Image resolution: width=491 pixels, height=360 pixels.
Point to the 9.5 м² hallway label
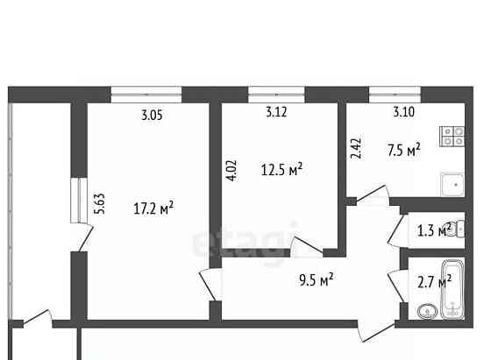[x=316, y=280]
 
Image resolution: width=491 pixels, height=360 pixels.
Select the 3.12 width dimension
[x=279, y=112]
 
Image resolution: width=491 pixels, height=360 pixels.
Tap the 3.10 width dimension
[x=403, y=112]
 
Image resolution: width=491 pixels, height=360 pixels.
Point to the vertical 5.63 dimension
[x=100, y=203]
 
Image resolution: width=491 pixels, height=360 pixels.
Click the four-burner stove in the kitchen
[x=453, y=136]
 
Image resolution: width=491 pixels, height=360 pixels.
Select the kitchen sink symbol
[x=453, y=185]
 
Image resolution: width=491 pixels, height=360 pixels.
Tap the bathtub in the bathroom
[x=453, y=287]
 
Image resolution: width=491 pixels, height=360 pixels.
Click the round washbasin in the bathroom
[x=427, y=311]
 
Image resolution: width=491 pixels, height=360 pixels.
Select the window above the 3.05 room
[x=146, y=91]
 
